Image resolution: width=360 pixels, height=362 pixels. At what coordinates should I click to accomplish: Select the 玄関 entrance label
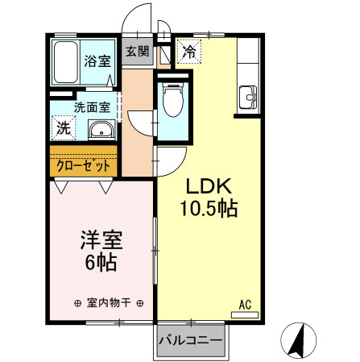[x=137, y=52]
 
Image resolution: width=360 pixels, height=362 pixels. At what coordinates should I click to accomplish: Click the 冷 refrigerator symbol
[x=189, y=52]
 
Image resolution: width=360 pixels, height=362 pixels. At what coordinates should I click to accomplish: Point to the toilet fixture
[x=172, y=103]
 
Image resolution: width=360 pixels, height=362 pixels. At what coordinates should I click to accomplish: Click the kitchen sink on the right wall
[x=247, y=98]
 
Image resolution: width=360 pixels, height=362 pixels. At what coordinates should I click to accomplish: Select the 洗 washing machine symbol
[x=63, y=127]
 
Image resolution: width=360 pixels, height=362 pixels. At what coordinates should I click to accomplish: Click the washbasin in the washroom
[x=100, y=130]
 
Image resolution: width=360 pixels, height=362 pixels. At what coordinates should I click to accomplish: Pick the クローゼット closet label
[x=84, y=166]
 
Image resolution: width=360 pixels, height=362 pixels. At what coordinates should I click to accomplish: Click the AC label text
[x=245, y=304]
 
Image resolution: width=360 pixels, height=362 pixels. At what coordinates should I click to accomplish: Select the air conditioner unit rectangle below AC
[x=245, y=314]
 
